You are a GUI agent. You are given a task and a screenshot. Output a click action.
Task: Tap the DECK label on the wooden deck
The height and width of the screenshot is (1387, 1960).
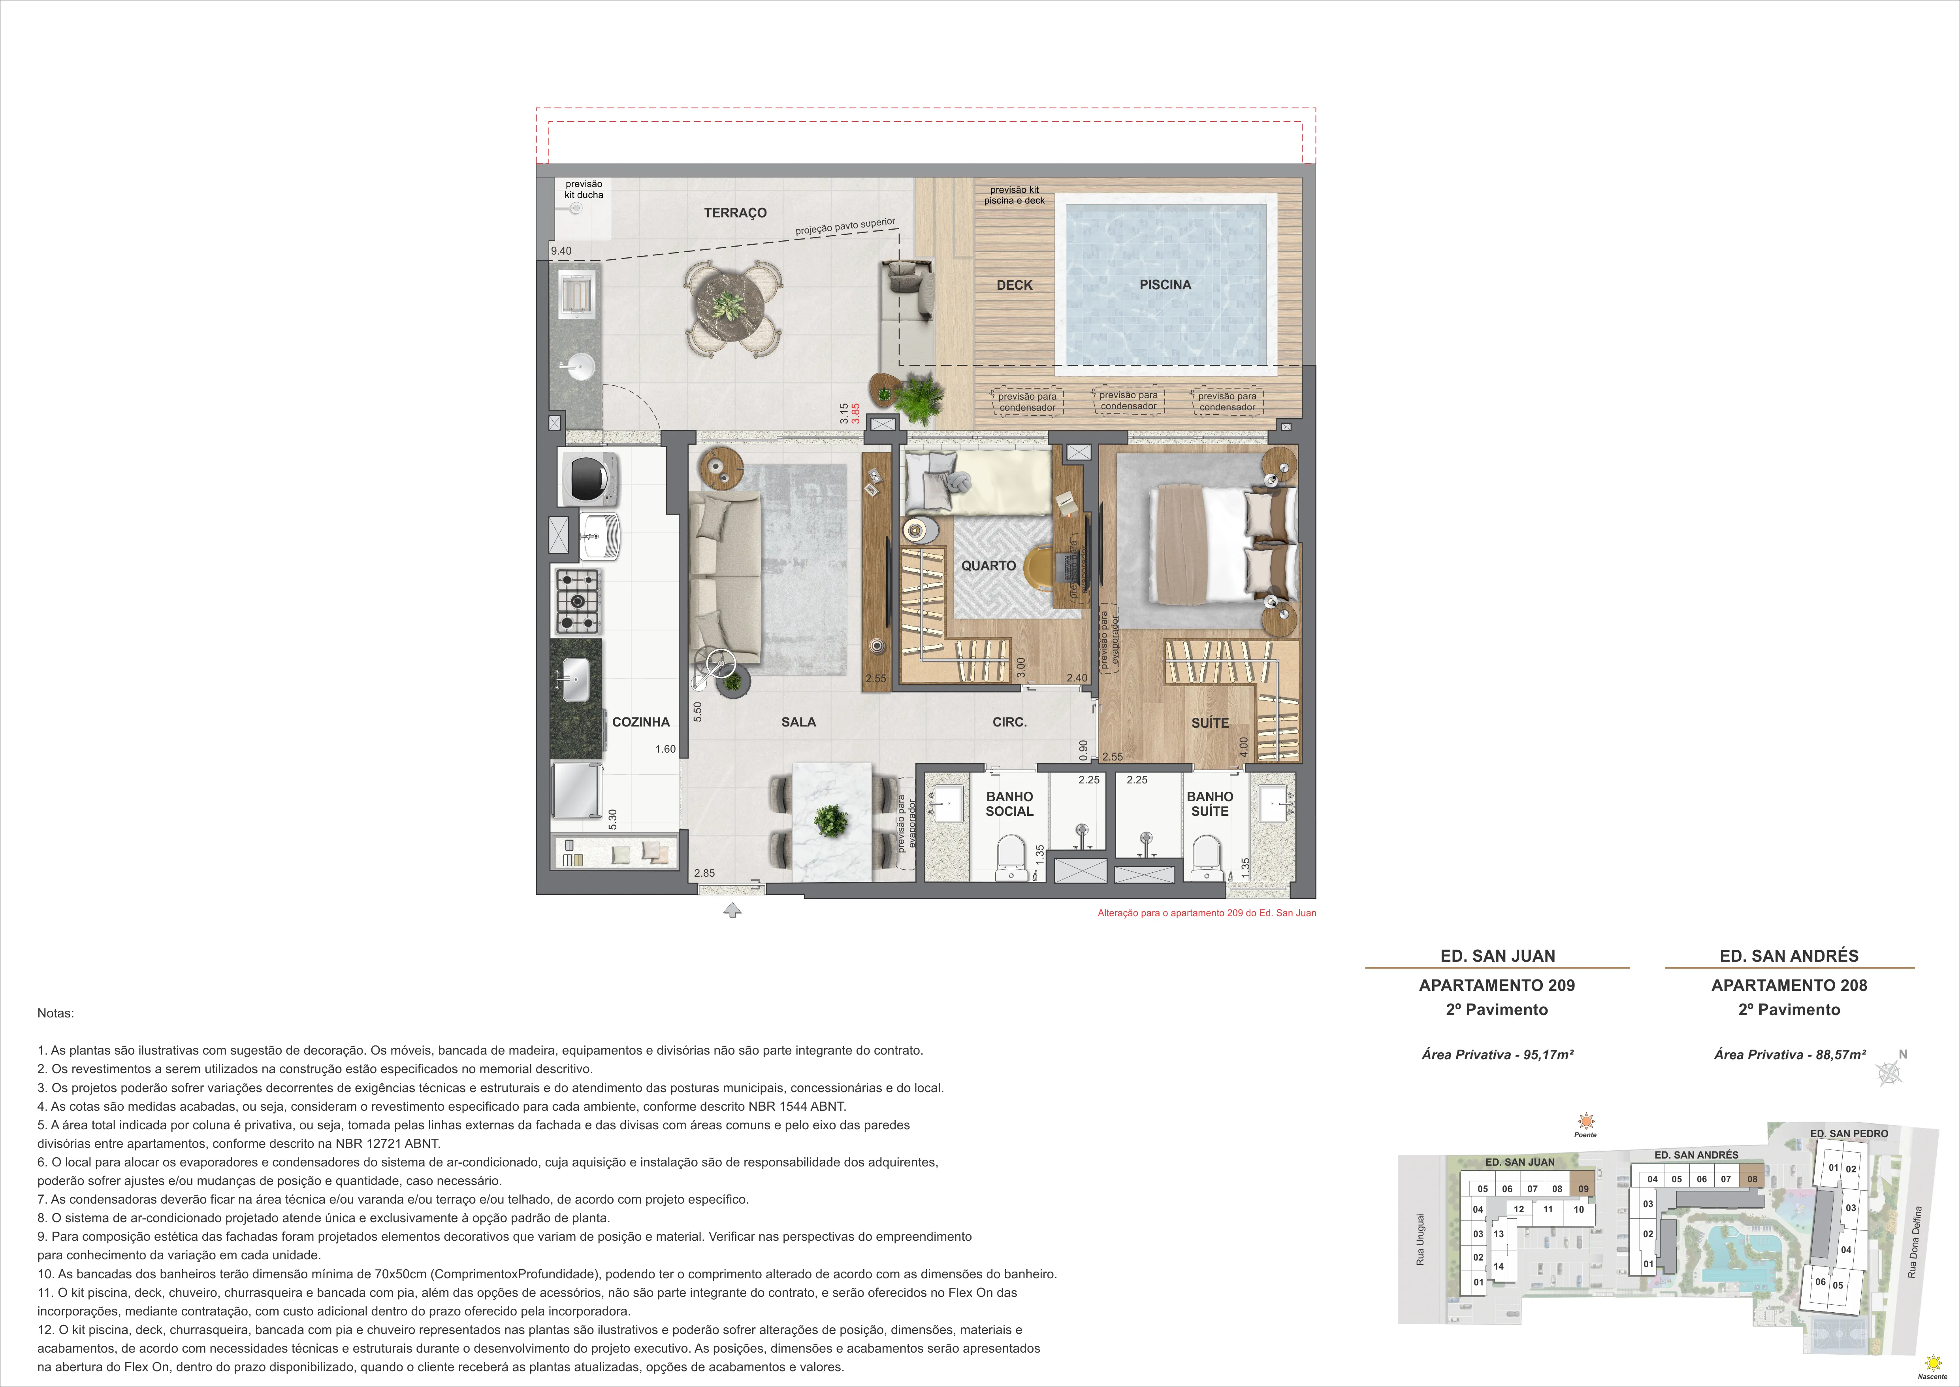point(1014,285)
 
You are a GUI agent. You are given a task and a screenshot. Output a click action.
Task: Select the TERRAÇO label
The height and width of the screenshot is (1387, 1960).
point(735,213)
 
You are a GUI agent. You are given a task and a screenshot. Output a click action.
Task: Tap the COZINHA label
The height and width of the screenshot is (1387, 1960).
point(640,722)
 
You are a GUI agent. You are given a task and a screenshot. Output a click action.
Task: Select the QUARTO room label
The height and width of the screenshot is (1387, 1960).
point(988,565)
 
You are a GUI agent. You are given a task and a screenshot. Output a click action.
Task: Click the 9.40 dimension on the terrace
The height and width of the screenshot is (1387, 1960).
point(561,251)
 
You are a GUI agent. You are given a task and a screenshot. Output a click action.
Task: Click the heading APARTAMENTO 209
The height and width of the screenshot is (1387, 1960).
point(1497,985)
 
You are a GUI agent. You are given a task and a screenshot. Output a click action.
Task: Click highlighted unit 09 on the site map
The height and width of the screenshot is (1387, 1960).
point(1583,1188)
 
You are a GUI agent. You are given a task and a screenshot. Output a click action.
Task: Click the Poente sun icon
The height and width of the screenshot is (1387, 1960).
point(1585,1121)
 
